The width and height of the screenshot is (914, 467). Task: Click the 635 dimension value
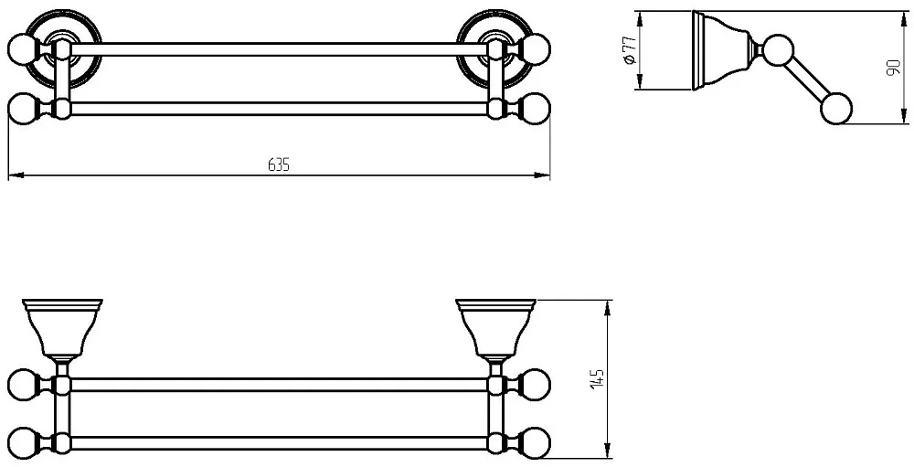pyautogui.click(x=279, y=165)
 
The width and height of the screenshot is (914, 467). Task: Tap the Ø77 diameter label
pyautogui.click(x=629, y=50)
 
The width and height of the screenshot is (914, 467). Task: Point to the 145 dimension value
pyautogui.click(x=596, y=379)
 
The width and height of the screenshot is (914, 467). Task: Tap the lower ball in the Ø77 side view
pyautogui.click(x=836, y=109)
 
